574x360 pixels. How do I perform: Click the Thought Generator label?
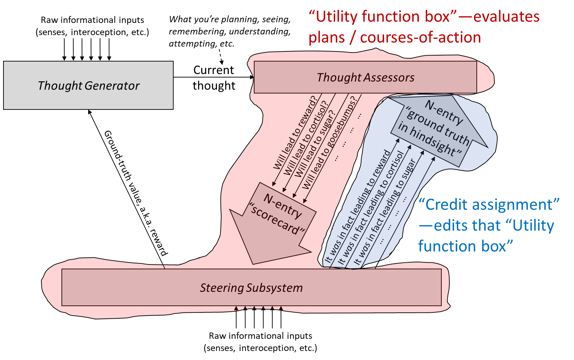pyautogui.click(x=89, y=85)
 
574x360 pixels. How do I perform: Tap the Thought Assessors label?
pyautogui.click(x=366, y=77)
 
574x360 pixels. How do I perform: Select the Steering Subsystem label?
pyautogui.click(x=251, y=288)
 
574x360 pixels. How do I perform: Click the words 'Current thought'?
pyautogui.click(x=214, y=78)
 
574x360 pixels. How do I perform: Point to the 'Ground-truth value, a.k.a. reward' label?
pyautogui.click(x=136, y=193)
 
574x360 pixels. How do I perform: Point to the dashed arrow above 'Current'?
pyautogui.click(x=221, y=57)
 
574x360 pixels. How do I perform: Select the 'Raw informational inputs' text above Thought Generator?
pyautogui.click(x=92, y=20)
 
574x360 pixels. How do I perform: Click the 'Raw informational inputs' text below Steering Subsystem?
pyautogui.click(x=260, y=336)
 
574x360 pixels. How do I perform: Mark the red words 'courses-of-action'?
pyautogui.click(x=421, y=38)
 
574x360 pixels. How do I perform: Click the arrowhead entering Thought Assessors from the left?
pyautogui.click(x=252, y=77)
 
